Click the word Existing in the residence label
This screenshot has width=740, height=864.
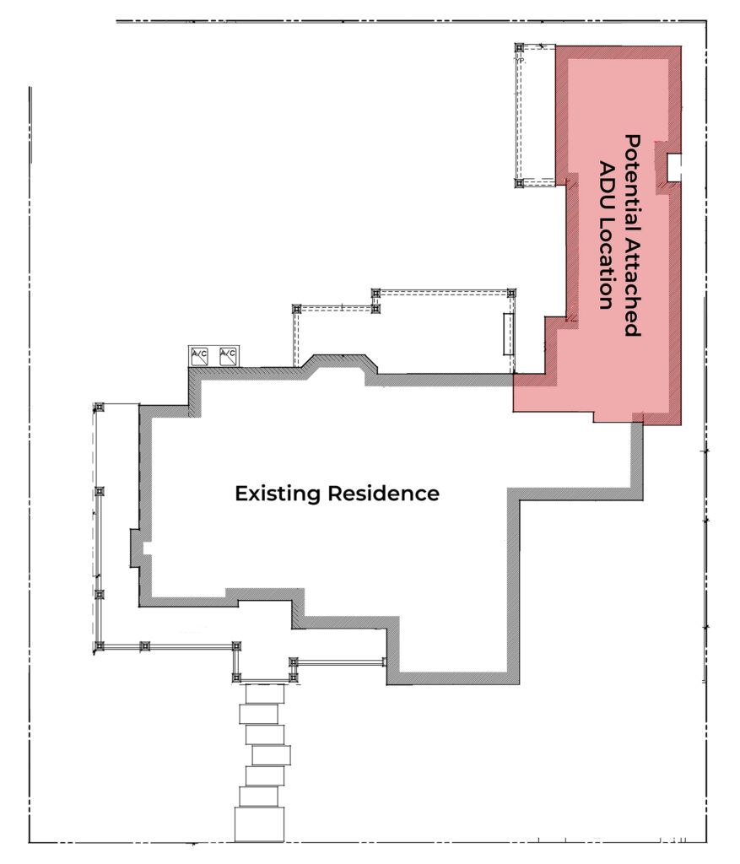point(278,493)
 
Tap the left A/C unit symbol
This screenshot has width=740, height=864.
point(200,356)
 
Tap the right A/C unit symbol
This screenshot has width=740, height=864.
point(228,356)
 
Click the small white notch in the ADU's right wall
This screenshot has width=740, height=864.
point(673,166)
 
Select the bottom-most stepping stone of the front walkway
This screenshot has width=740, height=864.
point(259,824)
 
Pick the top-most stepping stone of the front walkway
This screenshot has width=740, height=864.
point(263,694)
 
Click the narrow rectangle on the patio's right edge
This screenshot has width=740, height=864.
point(508,334)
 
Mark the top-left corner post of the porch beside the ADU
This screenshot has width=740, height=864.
point(519,48)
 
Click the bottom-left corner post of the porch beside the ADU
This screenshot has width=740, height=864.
point(519,182)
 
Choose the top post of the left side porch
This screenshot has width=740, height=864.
point(99,408)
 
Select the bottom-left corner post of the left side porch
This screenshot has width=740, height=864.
point(99,646)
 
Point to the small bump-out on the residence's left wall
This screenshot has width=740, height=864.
point(135,548)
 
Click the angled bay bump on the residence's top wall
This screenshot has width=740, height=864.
point(338,364)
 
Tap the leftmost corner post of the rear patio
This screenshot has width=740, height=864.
point(296,309)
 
